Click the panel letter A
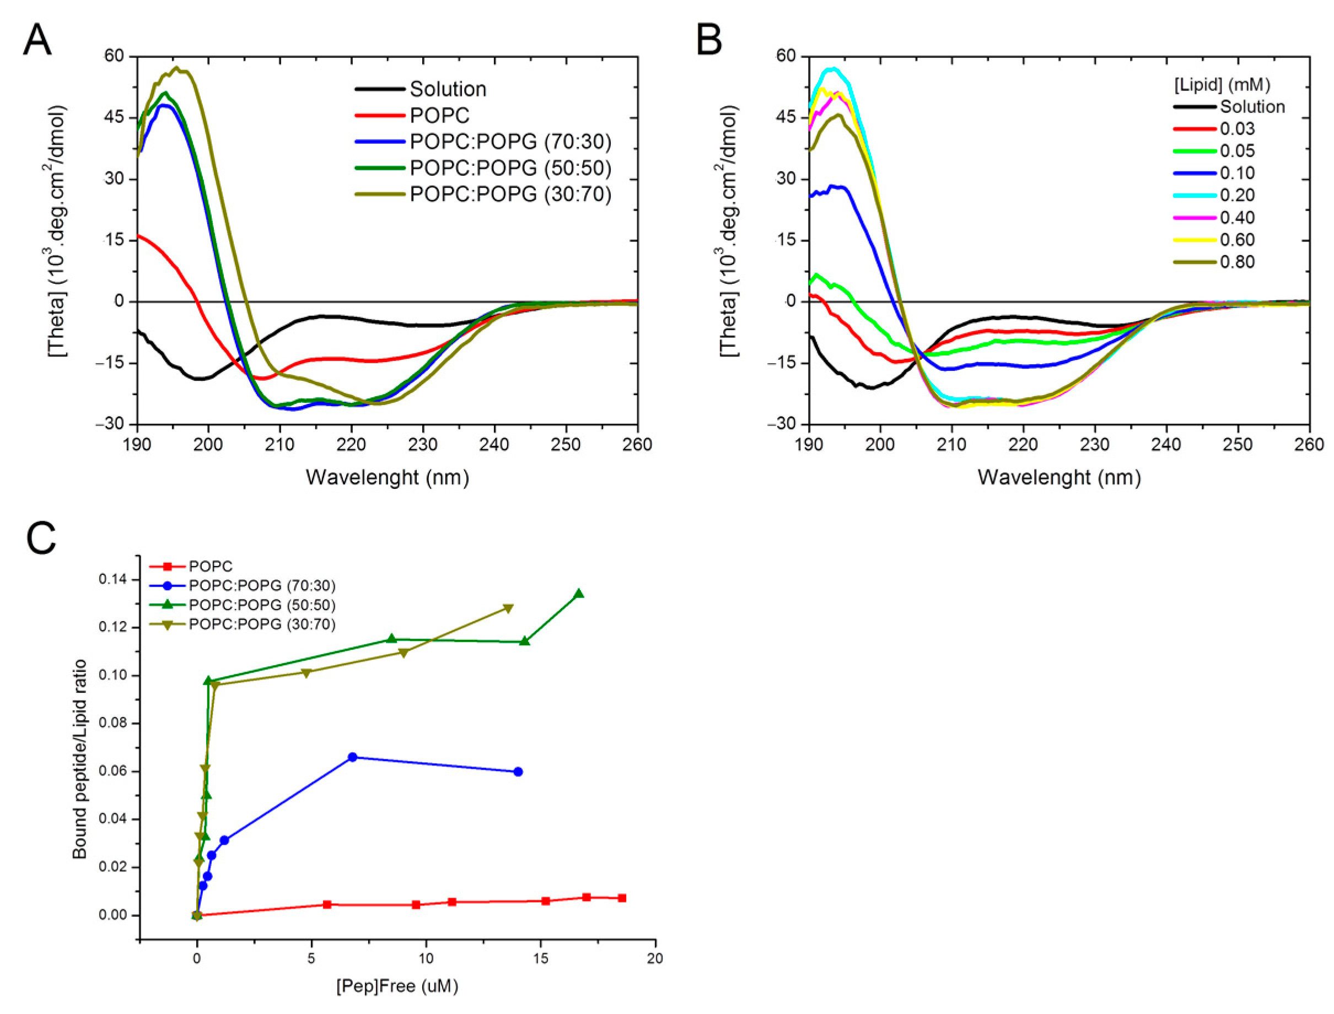click(x=37, y=40)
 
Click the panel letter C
click(x=41, y=538)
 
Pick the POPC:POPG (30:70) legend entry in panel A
click(x=510, y=195)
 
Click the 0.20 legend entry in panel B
click(x=1237, y=195)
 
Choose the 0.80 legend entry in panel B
click(x=1237, y=262)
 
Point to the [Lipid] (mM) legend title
click(x=1222, y=84)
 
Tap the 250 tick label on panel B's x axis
click(x=1238, y=445)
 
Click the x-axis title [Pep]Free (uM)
click(x=397, y=986)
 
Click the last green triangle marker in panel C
click(x=578, y=594)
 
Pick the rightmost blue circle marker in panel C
click(x=517, y=772)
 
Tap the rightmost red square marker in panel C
click(x=622, y=898)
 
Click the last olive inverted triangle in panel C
click(x=508, y=608)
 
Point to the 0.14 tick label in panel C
click(x=113, y=579)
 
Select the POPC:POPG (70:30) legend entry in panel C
click(x=261, y=585)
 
